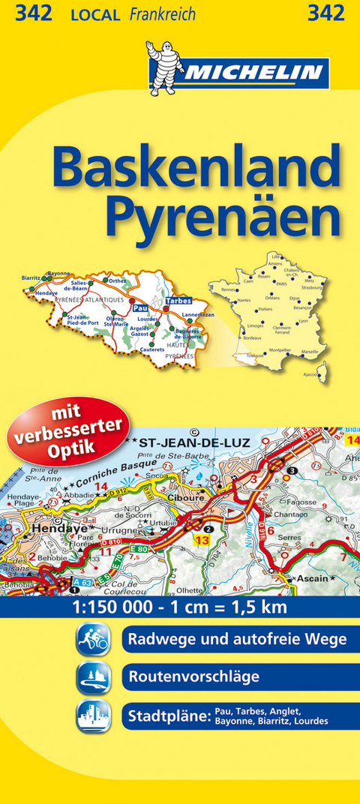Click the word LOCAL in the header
click(x=96, y=14)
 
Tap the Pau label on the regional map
click(x=138, y=307)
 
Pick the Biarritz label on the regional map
click(x=32, y=278)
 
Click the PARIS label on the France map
click(x=282, y=284)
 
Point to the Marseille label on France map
click(x=309, y=352)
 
